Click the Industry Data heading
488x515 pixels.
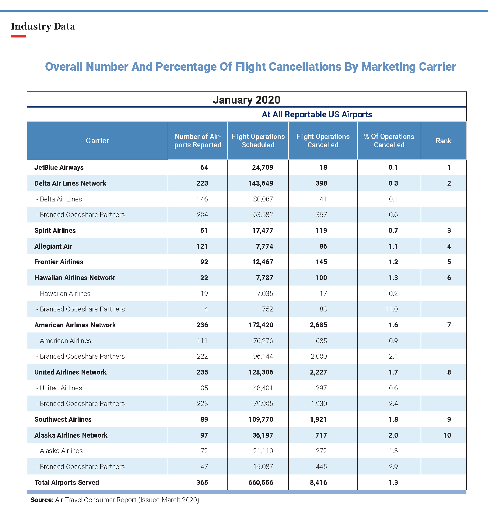coord(43,27)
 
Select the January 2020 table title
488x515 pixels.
coord(246,100)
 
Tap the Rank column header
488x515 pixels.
coord(443,141)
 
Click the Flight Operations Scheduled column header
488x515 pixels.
coord(258,141)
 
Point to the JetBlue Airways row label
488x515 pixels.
coord(59,167)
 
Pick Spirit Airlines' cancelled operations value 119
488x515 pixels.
coord(321,230)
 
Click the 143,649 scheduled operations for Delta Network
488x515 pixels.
coord(261,183)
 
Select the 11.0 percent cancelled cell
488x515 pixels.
coord(391,309)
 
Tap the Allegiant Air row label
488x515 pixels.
coord(53,246)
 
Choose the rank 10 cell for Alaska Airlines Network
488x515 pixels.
coord(447,435)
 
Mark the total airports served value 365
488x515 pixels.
coord(202,482)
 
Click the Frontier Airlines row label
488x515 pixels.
coord(58,262)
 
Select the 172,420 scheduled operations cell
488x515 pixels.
coord(261,325)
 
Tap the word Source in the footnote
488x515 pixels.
coord(42,500)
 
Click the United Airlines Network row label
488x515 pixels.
coord(70,372)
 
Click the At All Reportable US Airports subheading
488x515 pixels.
coord(317,114)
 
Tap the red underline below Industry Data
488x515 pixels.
coord(18,37)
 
